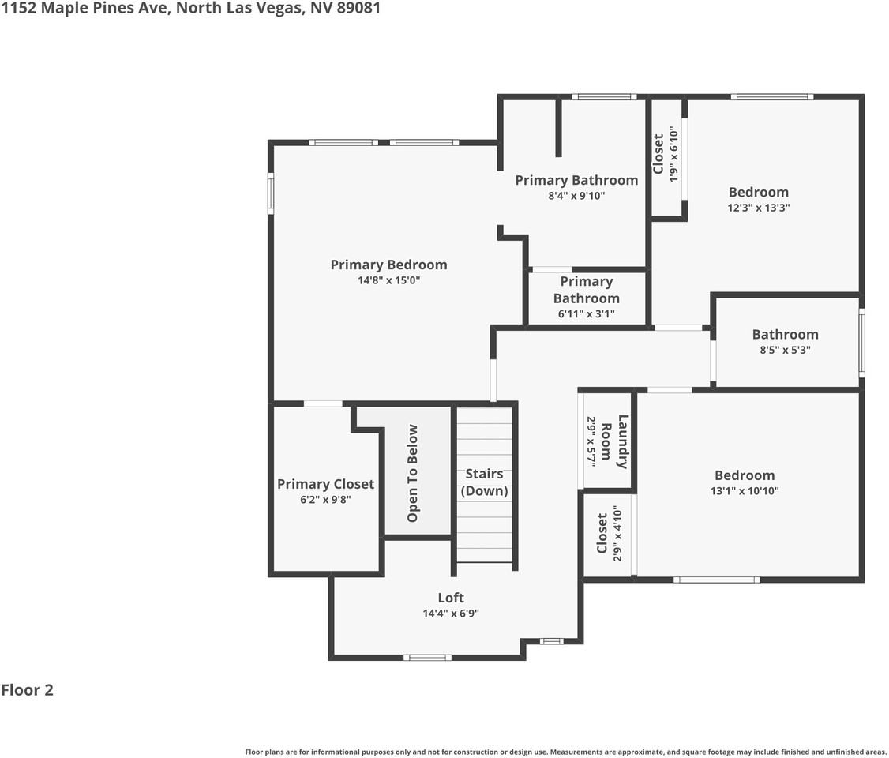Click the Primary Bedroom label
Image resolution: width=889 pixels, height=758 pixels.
388,265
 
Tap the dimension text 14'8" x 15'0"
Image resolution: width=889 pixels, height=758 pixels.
388,280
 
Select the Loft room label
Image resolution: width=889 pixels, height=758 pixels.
451,598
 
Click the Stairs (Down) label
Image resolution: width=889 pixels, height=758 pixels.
484,482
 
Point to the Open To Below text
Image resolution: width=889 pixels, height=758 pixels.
412,474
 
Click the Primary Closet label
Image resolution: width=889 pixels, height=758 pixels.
325,484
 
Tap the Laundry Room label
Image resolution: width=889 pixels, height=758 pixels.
615,441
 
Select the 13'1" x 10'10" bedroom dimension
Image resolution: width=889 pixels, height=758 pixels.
745,490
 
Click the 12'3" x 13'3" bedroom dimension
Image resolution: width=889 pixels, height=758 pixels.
758,208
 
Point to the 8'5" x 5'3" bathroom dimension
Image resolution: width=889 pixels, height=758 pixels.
785,350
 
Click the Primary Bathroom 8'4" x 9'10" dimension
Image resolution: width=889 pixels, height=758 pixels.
576,196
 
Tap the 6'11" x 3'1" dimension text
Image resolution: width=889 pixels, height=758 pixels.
586,313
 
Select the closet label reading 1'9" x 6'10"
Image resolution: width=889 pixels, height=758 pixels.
673,155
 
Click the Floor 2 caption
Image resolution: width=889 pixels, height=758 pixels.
27,690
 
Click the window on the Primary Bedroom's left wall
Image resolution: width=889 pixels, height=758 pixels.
271,193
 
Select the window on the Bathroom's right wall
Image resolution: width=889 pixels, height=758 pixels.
862,343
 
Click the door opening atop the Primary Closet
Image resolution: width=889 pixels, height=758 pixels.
323,403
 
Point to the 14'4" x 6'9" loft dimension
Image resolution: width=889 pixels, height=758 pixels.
451,613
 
